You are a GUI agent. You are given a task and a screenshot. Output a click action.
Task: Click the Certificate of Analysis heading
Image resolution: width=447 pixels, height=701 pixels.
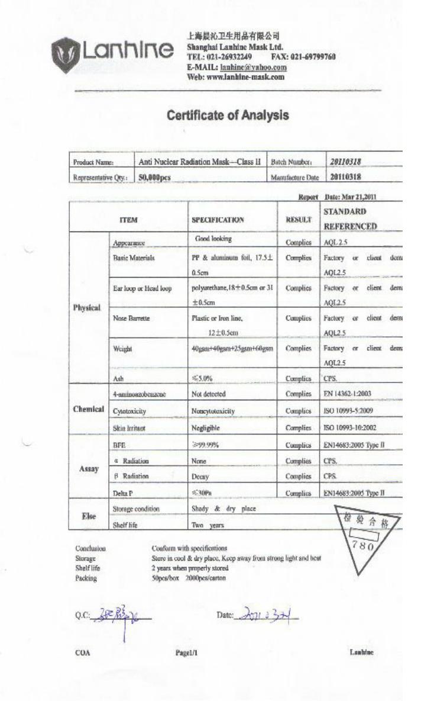(x=228, y=115)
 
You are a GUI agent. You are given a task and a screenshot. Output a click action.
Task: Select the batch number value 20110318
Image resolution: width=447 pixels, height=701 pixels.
(x=345, y=162)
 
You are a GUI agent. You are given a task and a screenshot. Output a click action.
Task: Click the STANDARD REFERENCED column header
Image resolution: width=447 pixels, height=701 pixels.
(x=350, y=218)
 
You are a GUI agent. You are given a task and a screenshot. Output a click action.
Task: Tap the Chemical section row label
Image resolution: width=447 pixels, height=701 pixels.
(x=89, y=409)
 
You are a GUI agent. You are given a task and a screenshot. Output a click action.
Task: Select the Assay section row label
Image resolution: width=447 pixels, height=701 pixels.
(x=89, y=467)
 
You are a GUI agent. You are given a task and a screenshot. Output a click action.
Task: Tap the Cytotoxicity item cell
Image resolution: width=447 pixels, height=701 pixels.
(x=129, y=410)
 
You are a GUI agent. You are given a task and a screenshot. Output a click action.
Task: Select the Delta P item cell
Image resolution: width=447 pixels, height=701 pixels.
(x=122, y=493)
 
